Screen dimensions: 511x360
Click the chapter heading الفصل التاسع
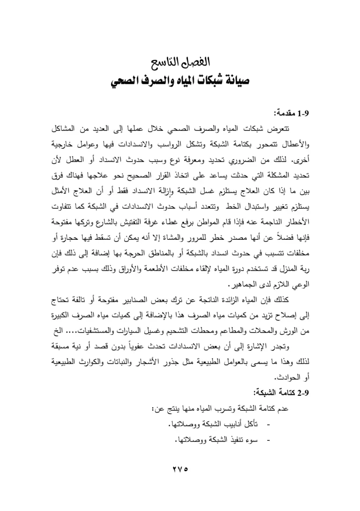[180, 63]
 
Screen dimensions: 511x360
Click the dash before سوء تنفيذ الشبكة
[268, 440]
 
